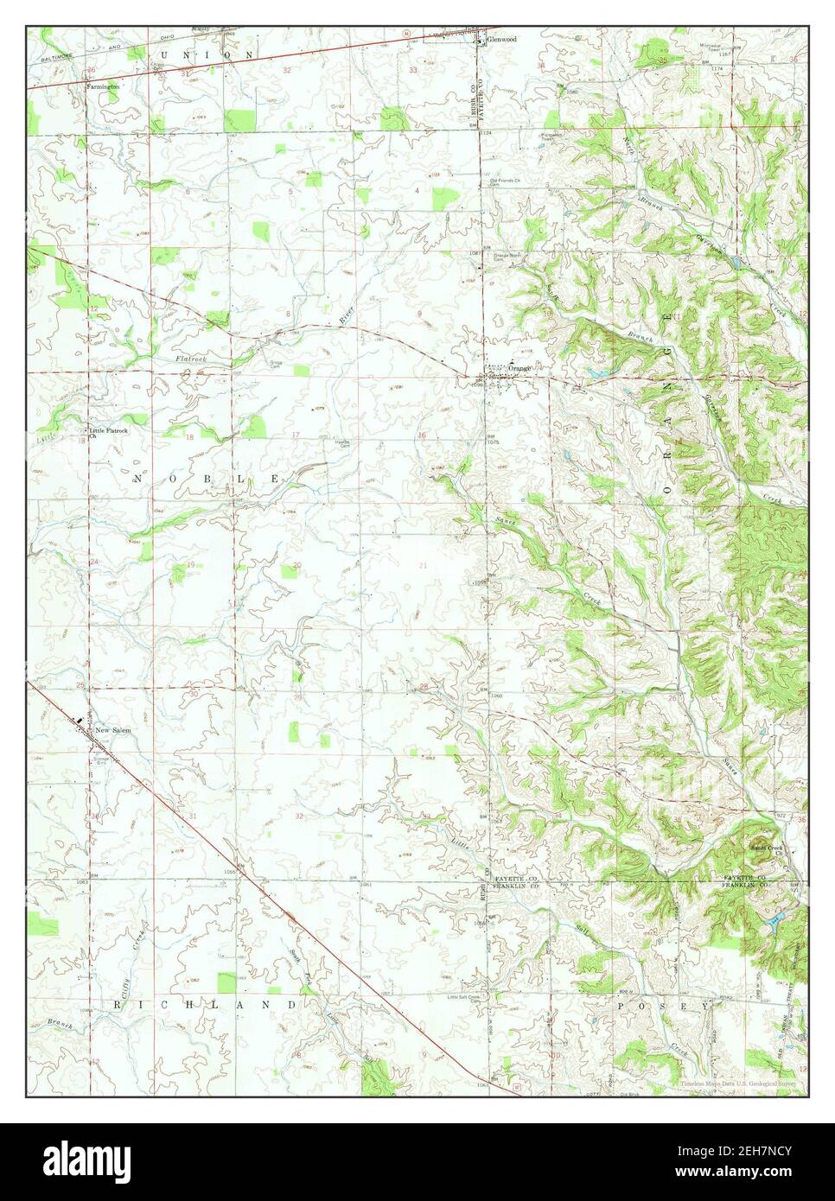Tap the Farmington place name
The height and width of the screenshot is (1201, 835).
(102, 86)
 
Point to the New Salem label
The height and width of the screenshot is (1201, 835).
(113, 730)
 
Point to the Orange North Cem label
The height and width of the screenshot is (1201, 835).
(509, 257)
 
